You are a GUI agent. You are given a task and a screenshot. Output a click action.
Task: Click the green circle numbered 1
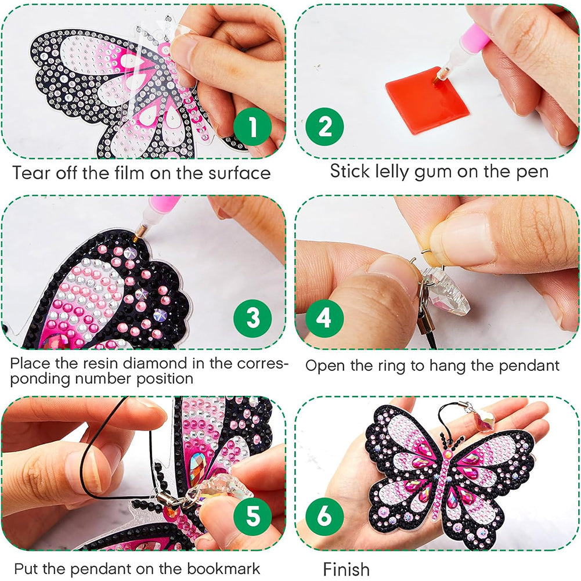coord(252,127)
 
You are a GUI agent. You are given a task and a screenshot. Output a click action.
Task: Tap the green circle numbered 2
coord(324,127)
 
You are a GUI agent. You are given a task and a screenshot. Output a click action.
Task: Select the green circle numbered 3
coord(252,318)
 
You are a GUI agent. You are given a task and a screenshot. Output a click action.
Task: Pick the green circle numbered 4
coord(324,318)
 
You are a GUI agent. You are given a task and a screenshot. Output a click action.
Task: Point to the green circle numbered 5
coord(252,515)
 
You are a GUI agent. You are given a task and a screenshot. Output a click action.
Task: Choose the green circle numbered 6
coord(324,515)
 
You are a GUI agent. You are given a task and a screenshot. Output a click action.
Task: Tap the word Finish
coord(346,569)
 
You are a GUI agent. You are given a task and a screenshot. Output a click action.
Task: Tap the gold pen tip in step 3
coord(140,234)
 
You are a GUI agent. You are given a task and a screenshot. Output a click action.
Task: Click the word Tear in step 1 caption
coord(31,173)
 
